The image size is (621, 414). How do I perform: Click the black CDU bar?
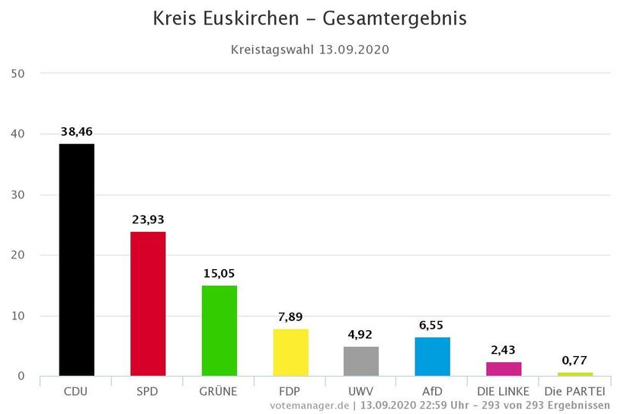coord(77,259)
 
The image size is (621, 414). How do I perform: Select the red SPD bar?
coord(148,303)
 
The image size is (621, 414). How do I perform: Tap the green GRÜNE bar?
coord(219,330)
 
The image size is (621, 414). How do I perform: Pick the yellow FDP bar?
coord(290,352)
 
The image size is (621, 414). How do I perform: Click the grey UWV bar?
coord(361,361)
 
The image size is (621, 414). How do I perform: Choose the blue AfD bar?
coord(432,356)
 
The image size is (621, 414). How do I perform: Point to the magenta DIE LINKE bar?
coord(504,369)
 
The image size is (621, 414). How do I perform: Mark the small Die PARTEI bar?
coord(575,374)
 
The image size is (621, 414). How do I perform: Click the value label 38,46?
coord(77,132)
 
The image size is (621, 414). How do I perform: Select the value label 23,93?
coord(148,220)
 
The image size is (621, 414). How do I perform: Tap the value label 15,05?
coord(219,274)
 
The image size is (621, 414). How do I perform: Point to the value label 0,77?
coord(575,361)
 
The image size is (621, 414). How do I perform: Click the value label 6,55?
coord(432,325)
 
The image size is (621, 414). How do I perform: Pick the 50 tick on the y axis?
coord(18,74)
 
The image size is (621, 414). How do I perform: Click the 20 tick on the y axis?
coord(18,255)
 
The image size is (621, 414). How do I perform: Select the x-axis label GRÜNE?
coord(219,392)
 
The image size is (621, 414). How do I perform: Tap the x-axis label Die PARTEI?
coord(575,392)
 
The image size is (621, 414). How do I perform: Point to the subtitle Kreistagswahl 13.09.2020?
coord(310,50)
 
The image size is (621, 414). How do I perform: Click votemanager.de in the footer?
coord(309,405)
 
